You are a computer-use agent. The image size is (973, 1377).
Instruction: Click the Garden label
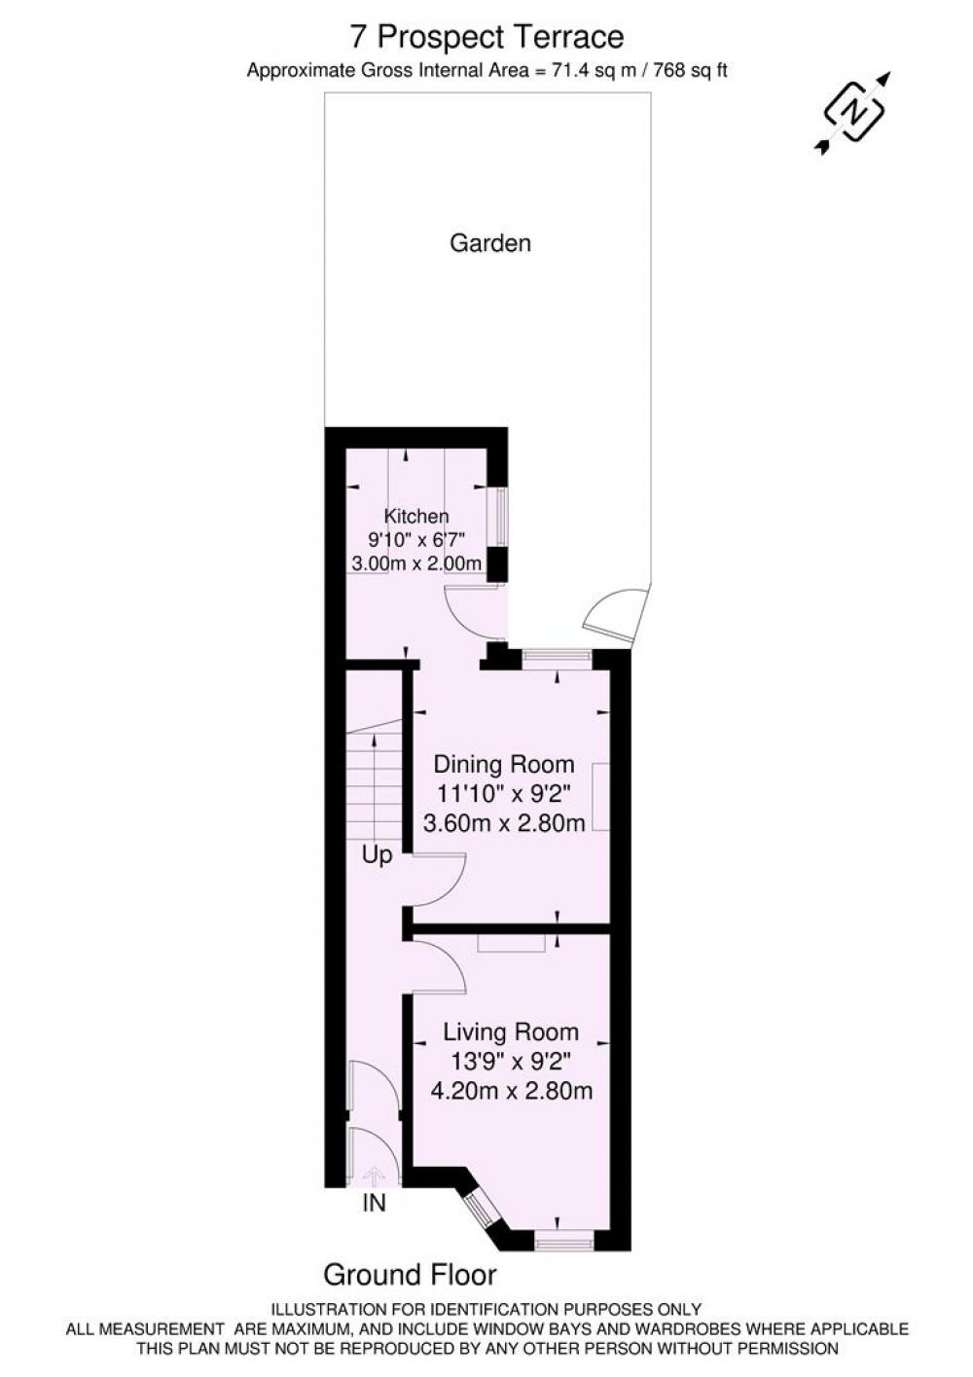pyautogui.click(x=489, y=243)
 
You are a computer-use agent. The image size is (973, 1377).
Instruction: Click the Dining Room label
pyautogui.click(x=504, y=764)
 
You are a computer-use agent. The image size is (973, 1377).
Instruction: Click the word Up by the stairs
pyautogui.click(x=377, y=854)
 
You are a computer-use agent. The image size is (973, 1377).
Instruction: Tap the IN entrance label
pyautogui.click(x=375, y=1203)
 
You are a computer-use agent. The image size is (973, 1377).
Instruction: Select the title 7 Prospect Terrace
pyautogui.click(x=486, y=37)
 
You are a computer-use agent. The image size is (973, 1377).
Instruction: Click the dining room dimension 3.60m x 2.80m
pyautogui.click(x=504, y=822)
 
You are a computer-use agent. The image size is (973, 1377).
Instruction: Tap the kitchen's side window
pyautogui.click(x=502, y=517)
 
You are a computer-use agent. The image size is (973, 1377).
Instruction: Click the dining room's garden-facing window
pyautogui.click(x=557, y=659)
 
